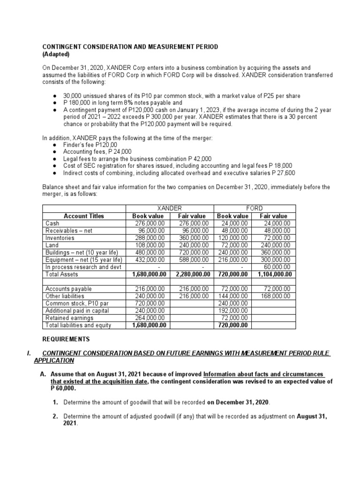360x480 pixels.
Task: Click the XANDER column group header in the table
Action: pos(170,208)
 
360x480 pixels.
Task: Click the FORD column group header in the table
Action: pos(255,208)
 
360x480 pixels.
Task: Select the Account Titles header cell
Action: pos(84,216)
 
